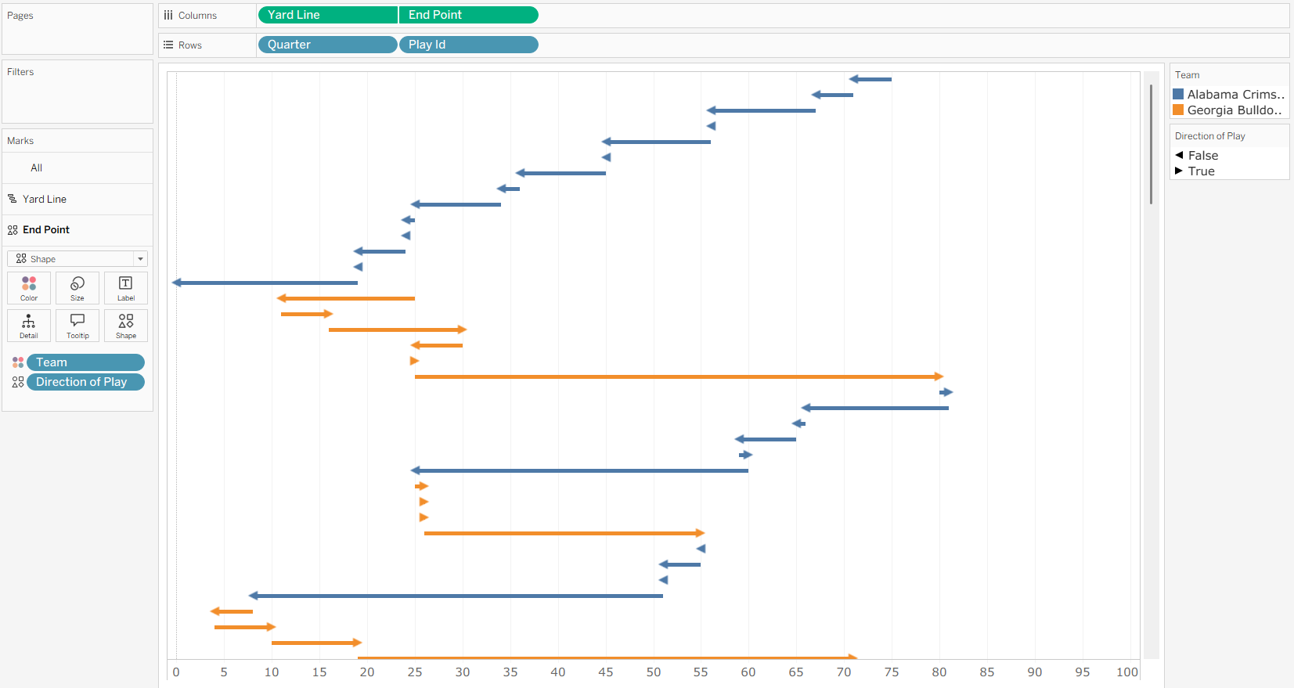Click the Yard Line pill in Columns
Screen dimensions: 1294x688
[328, 15]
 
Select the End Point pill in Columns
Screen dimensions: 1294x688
[468, 15]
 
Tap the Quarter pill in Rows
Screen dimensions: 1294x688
[327, 45]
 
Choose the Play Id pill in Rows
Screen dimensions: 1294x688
[468, 45]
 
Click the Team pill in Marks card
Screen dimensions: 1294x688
[85, 362]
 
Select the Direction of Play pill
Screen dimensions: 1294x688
[85, 382]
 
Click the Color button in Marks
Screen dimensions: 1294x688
[29, 288]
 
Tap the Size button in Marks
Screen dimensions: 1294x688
[77, 288]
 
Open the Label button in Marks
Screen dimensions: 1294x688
[126, 288]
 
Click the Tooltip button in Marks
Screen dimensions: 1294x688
[77, 326]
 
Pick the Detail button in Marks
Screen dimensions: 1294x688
[29, 326]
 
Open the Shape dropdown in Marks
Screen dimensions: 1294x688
[77, 259]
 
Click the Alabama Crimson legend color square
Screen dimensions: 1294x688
[1178, 94]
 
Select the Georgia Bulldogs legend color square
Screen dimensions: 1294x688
[1178, 110]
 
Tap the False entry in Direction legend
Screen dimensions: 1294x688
[1196, 156]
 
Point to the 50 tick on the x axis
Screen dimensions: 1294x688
[654, 672]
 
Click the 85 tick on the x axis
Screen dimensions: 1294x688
[987, 672]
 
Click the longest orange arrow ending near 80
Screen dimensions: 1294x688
[679, 376]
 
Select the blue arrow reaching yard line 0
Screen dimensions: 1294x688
[265, 283]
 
